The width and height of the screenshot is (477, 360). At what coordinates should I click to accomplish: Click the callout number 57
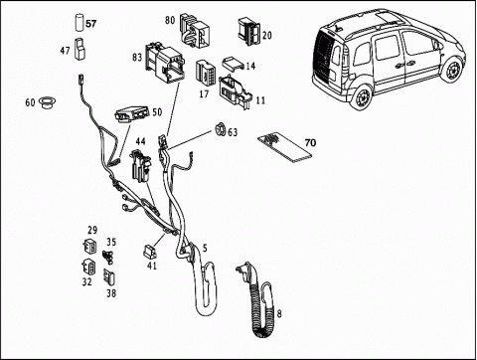(x=91, y=24)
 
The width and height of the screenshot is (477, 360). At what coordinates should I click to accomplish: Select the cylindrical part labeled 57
(x=79, y=22)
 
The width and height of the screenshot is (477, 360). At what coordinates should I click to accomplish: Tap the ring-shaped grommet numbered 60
(x=48, y=102)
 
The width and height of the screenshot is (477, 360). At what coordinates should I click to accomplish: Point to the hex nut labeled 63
(x=220, y=129)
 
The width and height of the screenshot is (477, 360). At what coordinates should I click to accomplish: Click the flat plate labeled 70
(x=285, y=147)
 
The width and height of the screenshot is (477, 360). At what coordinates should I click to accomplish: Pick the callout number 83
(x=137, y=58)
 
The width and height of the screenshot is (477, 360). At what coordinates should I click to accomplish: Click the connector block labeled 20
(x=249, y=32)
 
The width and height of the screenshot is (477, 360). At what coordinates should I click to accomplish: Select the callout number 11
(x=260, y=100)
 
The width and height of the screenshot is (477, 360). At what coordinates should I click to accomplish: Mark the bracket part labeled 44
(x=141, y=165)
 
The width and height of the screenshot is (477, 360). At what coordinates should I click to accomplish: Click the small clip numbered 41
(x=150, y=252)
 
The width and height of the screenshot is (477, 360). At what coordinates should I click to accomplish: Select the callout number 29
(x=92, y=230)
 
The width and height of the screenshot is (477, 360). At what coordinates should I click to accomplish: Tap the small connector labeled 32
(x=88, y=267)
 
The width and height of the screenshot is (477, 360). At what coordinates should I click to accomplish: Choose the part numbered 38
(x=109, y=277)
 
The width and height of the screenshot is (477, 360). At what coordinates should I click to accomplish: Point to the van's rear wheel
(x=362, y=96)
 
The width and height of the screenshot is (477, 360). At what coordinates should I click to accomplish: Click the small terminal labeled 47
(x=79, y=50)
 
